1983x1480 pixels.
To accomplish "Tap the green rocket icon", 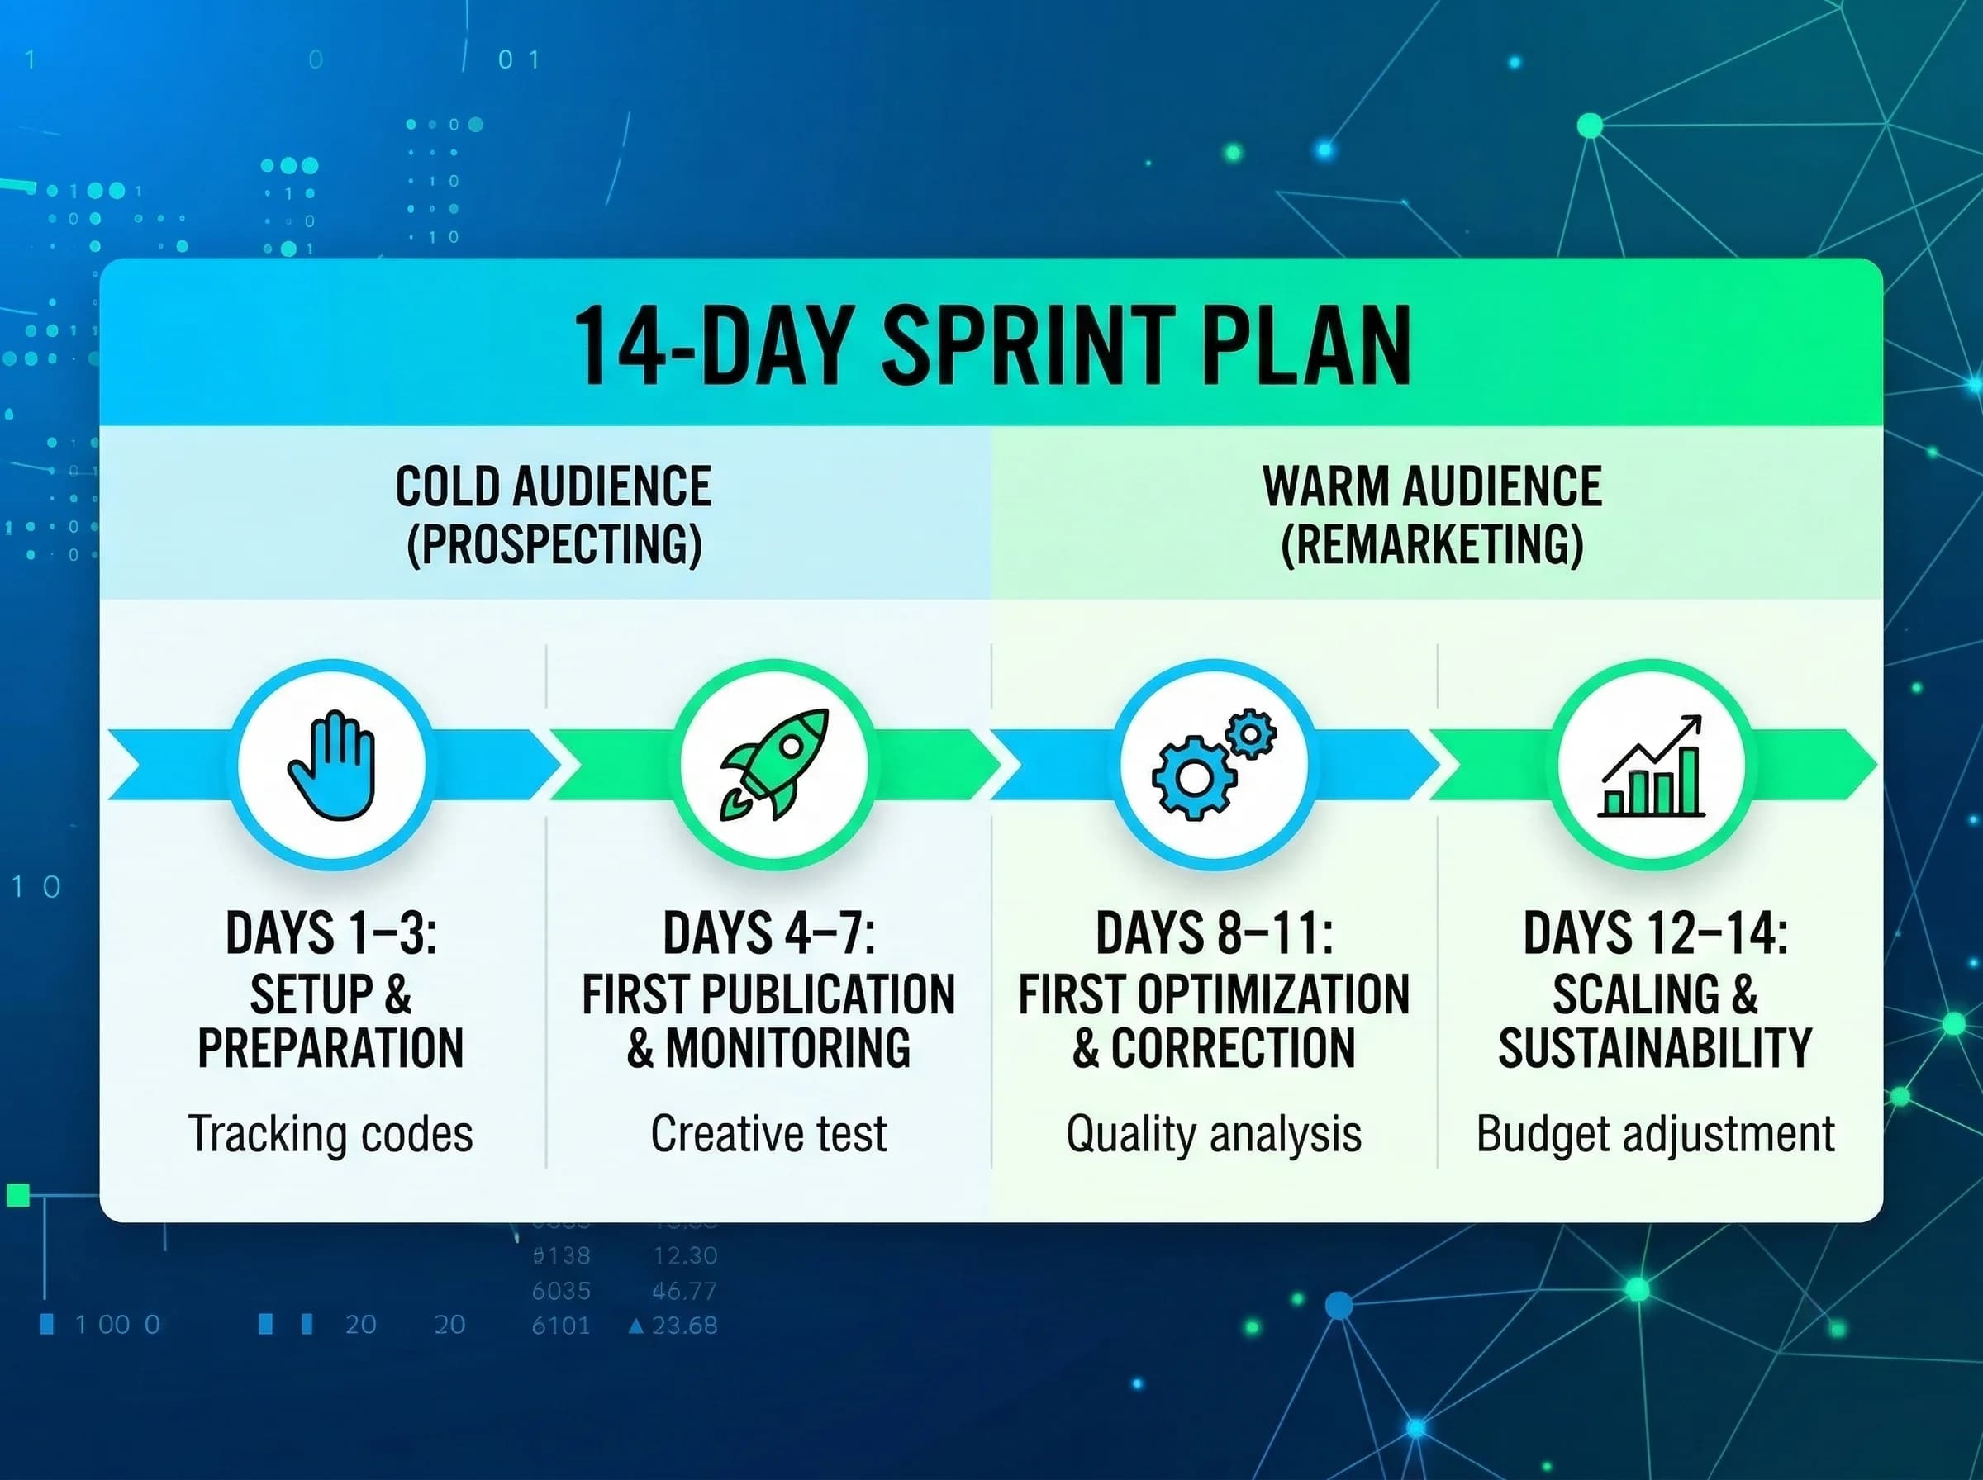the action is click(774, 764).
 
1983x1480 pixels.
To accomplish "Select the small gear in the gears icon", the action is click(1251, 734).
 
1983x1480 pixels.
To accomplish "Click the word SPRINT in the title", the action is click(1029, 346).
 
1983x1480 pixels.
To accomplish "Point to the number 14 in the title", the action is click(618, 346).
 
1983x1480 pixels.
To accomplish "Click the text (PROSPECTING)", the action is click(554, 543).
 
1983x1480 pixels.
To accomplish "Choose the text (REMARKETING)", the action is click(1432, 543).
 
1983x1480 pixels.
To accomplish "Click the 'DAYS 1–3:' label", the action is click(330, 932).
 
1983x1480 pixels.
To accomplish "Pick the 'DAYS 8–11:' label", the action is click(1214, 932).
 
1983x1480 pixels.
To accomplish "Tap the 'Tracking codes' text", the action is click(330, 1133).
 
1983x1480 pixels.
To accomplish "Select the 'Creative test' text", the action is click(769, 1133).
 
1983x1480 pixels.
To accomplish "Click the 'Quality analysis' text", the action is click(1214, 1134).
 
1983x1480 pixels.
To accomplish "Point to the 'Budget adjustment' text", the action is click(1655, 1134).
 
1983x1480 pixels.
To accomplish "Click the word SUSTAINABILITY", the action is click(1655, 1047).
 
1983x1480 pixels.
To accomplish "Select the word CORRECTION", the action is click(1233, 1047).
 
